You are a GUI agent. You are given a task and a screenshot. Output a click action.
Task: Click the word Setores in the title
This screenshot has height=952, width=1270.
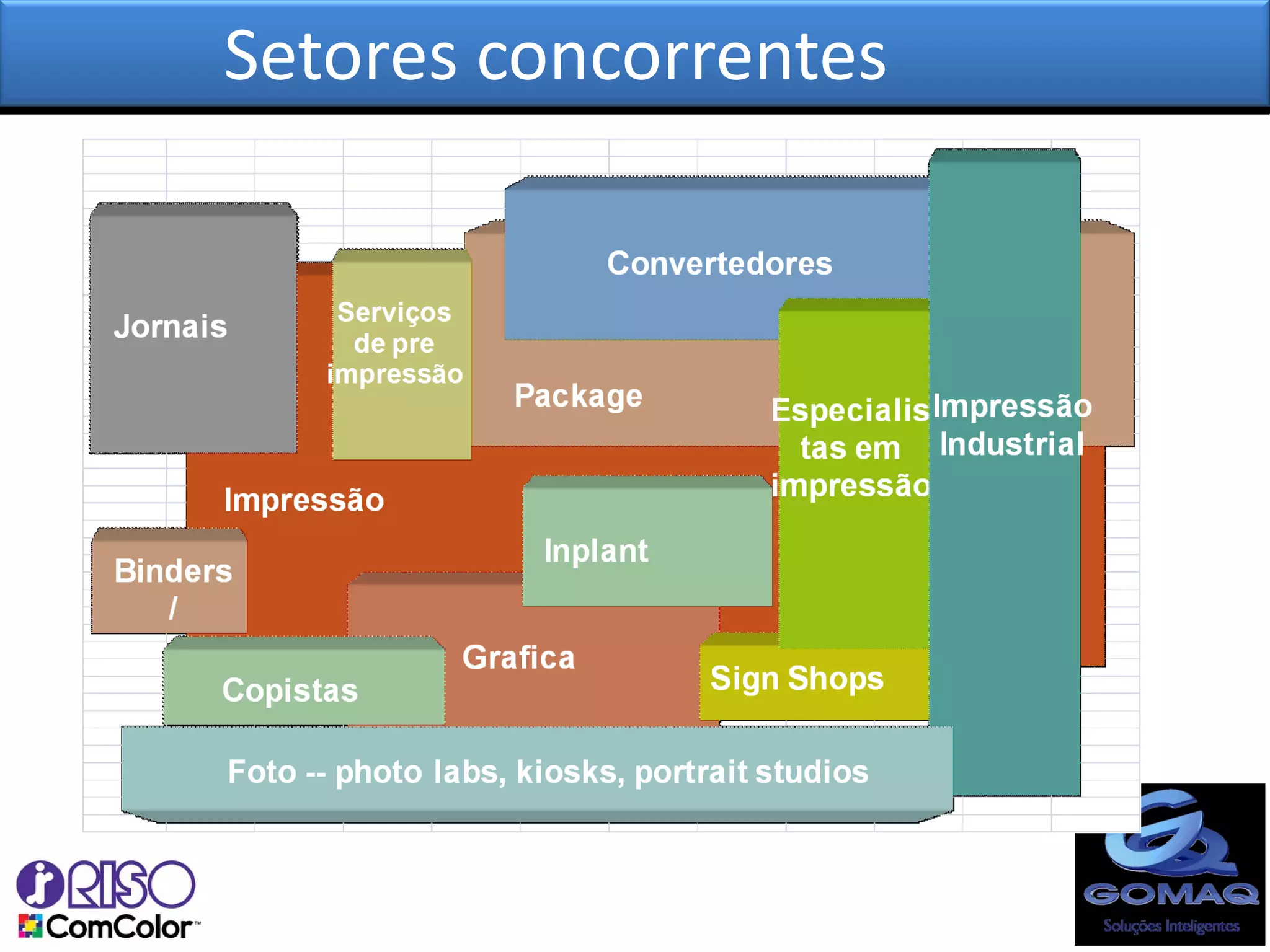pos(340,56)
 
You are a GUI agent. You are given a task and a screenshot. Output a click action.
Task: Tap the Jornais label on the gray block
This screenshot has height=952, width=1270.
pos(171,327)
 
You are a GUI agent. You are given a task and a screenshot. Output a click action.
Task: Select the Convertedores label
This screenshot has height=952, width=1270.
pos(719,263)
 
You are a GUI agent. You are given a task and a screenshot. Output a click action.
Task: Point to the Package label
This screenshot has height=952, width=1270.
pos(578,395)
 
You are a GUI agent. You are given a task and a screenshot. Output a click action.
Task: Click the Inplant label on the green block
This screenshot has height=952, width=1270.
pos(596,550)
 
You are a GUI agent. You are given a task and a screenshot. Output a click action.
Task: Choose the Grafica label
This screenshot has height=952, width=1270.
pos(518,657)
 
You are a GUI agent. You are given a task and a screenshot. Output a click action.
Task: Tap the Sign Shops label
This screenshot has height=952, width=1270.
pos(797,678)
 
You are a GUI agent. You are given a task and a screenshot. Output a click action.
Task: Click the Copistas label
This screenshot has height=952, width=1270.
pos(290,690)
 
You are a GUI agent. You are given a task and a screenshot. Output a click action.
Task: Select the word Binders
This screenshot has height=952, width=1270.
pos(173,571)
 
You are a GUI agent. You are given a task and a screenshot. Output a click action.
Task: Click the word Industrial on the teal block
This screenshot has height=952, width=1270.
pos(1011,444)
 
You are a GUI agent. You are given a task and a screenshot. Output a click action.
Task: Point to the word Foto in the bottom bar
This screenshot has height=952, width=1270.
pos(262,772)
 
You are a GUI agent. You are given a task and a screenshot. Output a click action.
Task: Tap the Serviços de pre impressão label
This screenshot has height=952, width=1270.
pos(395,343)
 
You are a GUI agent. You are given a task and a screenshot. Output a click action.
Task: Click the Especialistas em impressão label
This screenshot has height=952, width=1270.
pos(850,447)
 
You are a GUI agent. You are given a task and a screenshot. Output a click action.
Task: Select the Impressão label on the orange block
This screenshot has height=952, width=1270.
pos(304,500)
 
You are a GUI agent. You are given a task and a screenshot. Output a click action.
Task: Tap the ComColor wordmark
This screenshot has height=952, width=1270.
pos(118,927)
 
